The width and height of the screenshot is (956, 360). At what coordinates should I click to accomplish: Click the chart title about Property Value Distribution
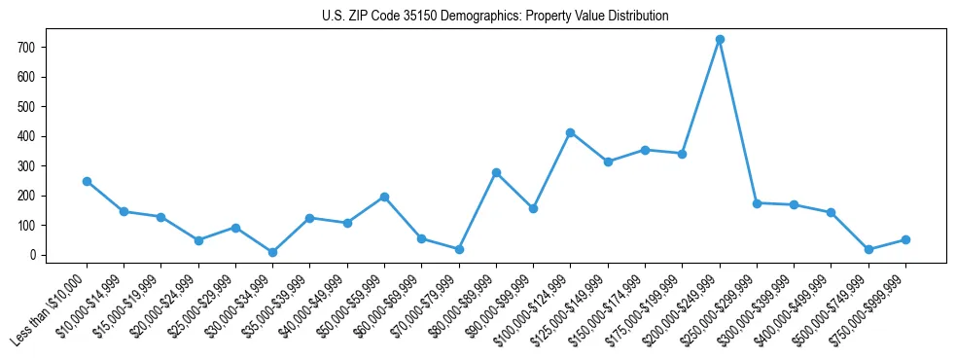coord(495,17)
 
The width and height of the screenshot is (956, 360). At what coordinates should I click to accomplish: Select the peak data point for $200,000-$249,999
coord(720,40)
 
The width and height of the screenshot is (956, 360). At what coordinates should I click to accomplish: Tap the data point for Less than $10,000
coord(87,181)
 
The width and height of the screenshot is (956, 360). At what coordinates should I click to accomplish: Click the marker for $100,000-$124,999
coord(571,132)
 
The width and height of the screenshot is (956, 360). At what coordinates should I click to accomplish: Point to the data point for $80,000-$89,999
coord(496,172)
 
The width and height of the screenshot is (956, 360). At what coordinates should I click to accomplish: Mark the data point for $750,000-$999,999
coord(905,239)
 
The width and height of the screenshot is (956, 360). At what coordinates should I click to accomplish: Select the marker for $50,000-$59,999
coord(384,197)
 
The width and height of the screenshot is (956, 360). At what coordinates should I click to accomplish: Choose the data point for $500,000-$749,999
coord(868,249)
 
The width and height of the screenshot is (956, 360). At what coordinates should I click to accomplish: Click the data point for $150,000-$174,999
coord(645,150)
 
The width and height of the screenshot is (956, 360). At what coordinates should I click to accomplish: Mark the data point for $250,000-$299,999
coord(757,203)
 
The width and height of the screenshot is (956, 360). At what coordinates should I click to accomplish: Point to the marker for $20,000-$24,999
coord(198,240)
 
